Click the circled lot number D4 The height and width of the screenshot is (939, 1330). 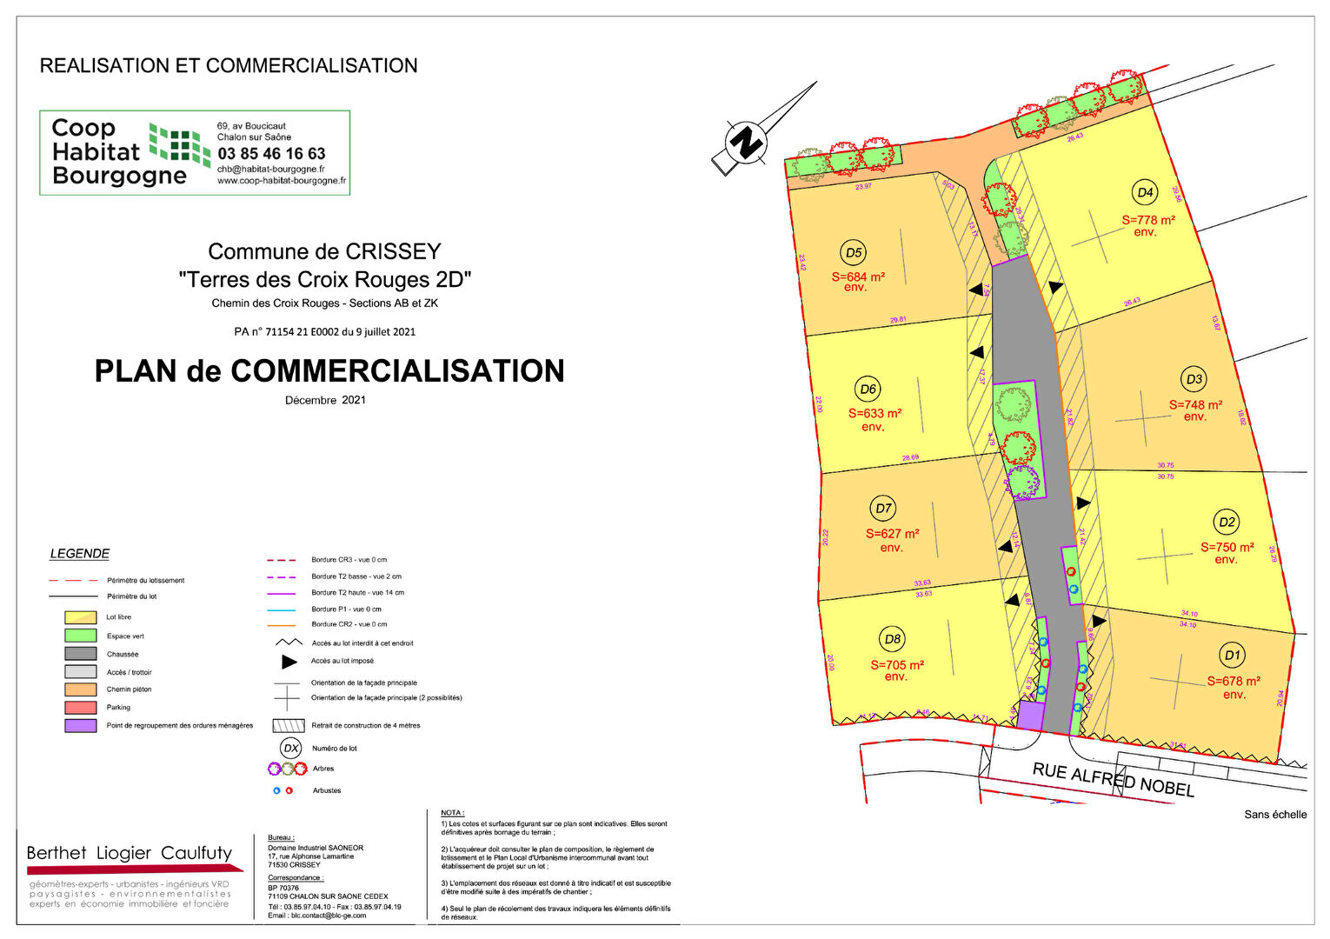point(1145,192)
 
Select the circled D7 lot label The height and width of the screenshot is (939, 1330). point(883,509)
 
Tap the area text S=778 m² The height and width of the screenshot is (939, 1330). point(1147,220)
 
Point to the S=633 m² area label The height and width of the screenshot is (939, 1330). point(874,414)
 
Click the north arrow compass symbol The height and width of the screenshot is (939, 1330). point(746,142)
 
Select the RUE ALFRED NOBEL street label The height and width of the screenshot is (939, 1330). point(1113,779)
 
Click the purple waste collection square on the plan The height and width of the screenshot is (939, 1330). point(1030,716)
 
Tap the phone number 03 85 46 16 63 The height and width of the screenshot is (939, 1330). point(271,154)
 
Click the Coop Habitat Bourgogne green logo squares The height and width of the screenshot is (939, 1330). point(179,143)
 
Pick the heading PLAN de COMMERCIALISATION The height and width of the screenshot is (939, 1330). point(329,371)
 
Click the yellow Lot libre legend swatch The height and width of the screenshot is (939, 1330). point(80,617)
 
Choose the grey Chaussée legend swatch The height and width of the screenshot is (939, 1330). point(80,654)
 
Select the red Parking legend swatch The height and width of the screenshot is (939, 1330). point(80,708)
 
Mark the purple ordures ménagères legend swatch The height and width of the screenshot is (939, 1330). point(80,725)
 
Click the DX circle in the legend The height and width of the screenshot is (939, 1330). point(290,748)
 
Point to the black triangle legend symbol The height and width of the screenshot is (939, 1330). point(289,662)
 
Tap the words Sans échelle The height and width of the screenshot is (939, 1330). point(1274,815)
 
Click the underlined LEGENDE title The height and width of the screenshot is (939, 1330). point(80,554)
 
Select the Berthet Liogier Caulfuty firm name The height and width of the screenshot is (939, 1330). point(130,853)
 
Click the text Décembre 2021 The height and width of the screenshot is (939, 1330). point(325,401)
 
